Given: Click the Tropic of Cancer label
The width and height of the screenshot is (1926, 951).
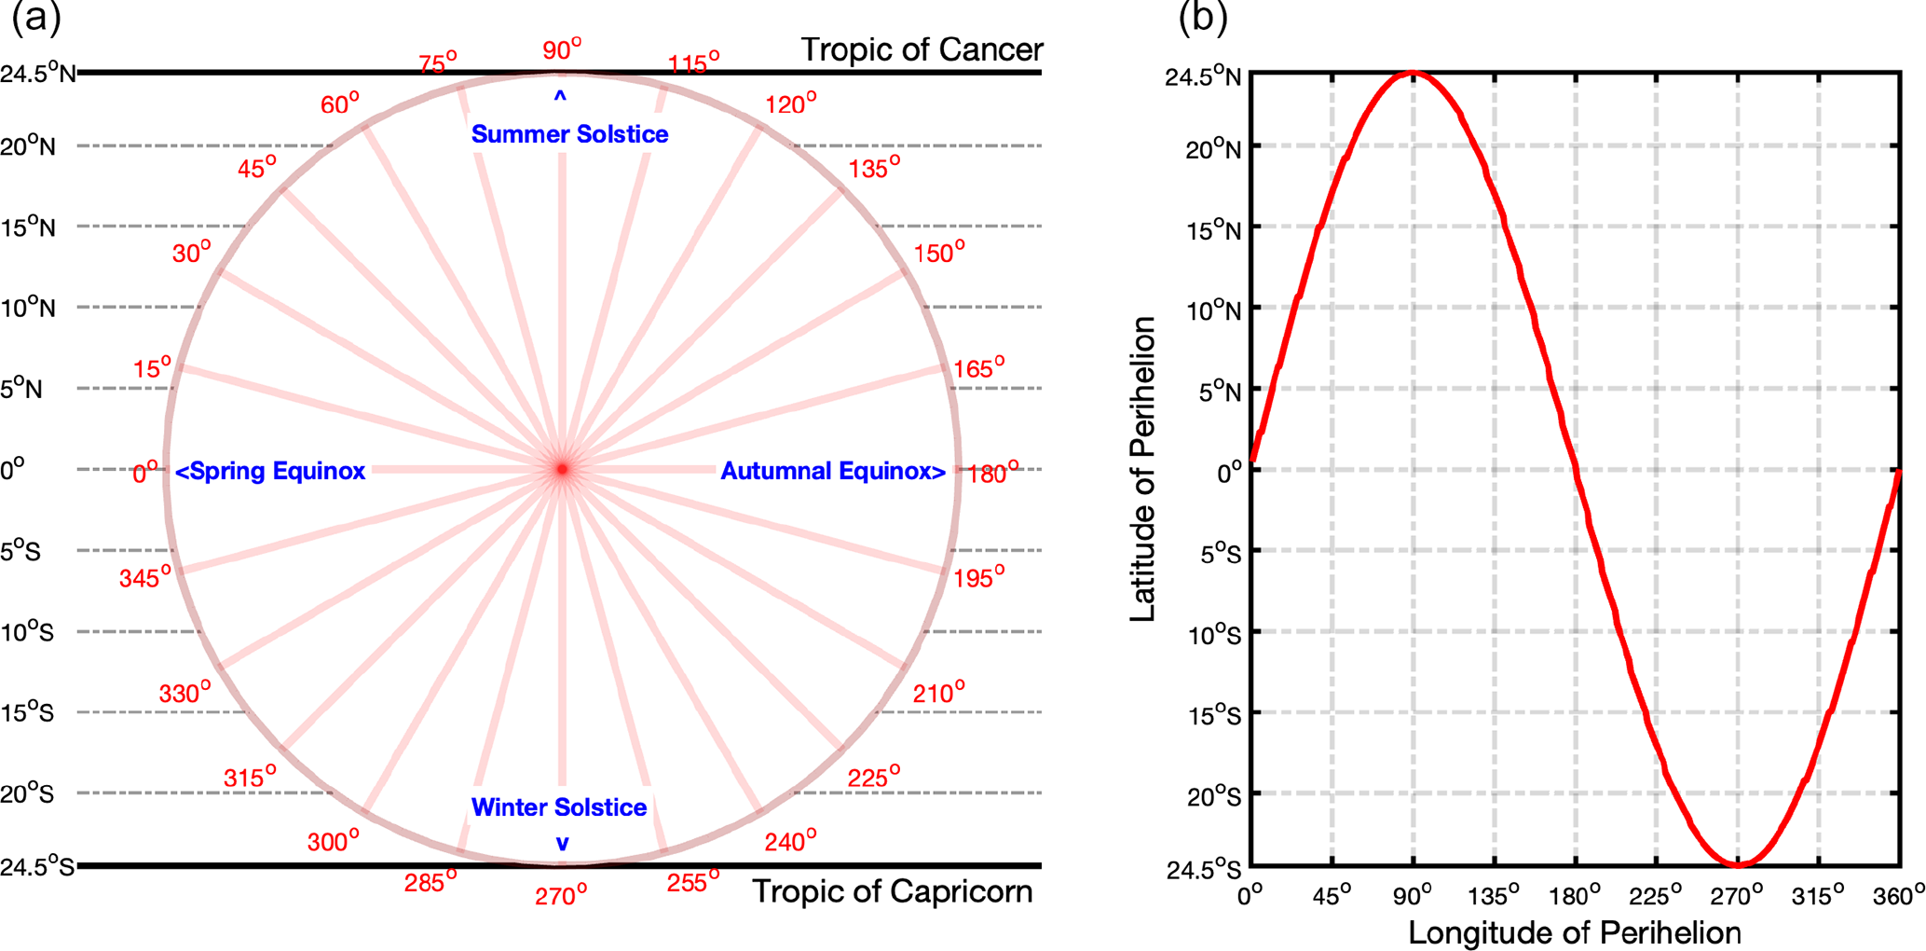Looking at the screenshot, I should (x=922, y=49).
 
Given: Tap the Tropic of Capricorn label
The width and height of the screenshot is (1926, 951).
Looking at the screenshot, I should (x=892, y=891).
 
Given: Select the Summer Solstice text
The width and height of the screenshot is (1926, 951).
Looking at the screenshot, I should (x=569, y=134).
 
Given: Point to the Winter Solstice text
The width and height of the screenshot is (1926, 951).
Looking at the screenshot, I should (x=559, y=807).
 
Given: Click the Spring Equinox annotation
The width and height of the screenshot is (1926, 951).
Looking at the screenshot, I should (x=271, y=471).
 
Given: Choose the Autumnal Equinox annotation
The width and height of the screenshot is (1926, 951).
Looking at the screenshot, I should (x=833, y=471).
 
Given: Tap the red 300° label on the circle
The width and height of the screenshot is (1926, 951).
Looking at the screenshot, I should (x=333, y=841).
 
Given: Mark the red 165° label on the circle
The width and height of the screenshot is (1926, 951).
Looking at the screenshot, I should (x=978, y=368).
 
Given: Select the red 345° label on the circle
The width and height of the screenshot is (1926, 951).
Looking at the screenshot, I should (x=145, y=577).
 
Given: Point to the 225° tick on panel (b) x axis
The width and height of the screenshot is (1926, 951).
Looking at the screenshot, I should (x=1656, y=895).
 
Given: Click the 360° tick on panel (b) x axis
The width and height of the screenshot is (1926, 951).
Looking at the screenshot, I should (x=1899, y=895).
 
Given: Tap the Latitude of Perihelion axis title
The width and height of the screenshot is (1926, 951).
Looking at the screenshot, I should (x=1143, y=469).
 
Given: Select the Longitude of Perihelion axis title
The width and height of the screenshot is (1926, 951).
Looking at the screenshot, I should (x=1575, y=932).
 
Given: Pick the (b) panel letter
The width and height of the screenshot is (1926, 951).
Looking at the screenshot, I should (x=1203, y=17).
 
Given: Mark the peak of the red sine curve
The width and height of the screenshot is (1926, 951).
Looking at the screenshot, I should (x=1413, y=72).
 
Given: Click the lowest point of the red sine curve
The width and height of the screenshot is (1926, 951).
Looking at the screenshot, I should (x=1738, y=865).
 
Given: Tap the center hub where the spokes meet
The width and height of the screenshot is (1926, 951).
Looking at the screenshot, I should (x=562, y=469).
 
